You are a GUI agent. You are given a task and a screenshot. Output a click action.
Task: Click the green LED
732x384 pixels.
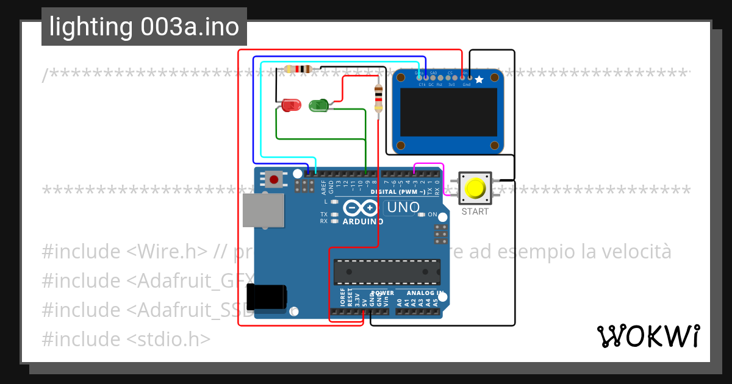[x=319, y=105]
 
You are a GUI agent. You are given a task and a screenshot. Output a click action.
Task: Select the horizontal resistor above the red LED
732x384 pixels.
[x=298, y=69]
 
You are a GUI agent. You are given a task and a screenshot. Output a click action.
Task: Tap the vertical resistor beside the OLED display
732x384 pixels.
[x=378, y=99]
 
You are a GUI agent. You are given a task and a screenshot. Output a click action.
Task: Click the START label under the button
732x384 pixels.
[x=475, y=212]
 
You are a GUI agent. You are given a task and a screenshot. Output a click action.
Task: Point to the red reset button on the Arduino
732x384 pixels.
[x=274, y=179]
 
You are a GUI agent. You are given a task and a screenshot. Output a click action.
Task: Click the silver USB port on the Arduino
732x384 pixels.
[x=263, y=210]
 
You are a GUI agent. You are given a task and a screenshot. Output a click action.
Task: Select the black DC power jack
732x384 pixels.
[x=267, y=297]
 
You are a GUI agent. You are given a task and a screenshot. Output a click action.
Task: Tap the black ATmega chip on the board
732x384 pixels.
[x=387, y=272]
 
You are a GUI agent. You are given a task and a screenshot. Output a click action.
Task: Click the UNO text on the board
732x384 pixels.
[x=403, y=207]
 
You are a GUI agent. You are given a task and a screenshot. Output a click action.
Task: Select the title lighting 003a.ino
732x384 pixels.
[x=144, y=27]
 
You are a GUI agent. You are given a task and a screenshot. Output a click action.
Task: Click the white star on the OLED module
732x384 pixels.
[x=479, y=79]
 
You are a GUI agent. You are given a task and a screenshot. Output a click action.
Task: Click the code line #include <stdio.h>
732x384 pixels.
[x=126, y=339]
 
